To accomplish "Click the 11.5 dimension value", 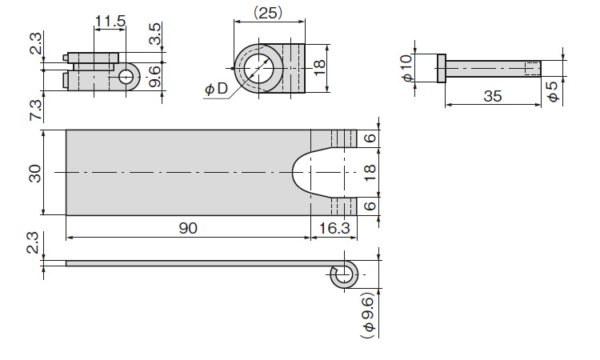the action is [x=110, y=21].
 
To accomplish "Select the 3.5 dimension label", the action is [x=154, y=34].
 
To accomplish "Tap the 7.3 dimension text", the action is [x=35, y=111].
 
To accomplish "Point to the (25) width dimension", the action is [x=268, y=13].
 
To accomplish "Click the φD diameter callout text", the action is [x=216, y=89].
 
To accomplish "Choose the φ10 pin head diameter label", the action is [x=407, y=68].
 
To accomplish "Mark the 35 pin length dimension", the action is [x=493, y=96].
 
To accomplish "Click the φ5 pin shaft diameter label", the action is [x=553, y=92].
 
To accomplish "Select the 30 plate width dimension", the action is [x=35, y=173].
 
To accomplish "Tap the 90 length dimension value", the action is [x=188, y=228].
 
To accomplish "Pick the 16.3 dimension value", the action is [x=334, y=228].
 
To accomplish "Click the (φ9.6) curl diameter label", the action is [x=368, y=316].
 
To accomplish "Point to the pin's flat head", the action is [x=442, y=68].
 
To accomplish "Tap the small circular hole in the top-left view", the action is [x=125, y=77].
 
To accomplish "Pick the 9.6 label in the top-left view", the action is [x=154, y=77].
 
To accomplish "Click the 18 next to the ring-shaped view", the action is [x=318, y=68].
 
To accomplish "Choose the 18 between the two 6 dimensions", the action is [x=370, y=173].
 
